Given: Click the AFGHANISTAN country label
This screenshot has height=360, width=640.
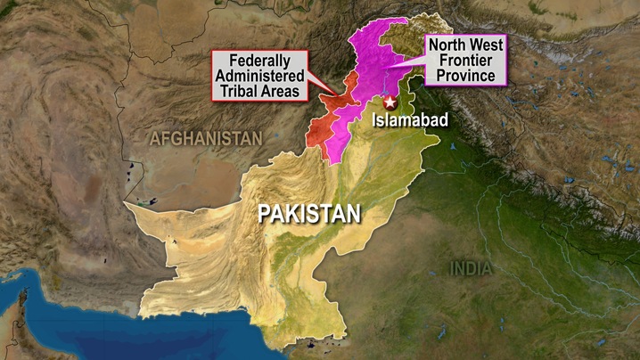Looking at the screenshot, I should (206, 138).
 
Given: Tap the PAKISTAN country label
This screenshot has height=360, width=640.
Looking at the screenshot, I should (309, 213).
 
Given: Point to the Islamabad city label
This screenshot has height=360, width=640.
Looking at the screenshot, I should (406, 119).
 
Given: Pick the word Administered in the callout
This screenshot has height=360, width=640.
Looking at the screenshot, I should (258, 77).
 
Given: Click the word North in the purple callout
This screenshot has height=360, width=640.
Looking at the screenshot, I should (447, 45).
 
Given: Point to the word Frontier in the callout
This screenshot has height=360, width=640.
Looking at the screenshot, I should (464, 60).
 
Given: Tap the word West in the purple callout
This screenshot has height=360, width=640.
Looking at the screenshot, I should (486, 45).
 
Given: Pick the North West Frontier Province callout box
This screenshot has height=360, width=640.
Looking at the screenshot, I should (464, 60).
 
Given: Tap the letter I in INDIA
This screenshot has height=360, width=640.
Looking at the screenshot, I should (453, 267).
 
